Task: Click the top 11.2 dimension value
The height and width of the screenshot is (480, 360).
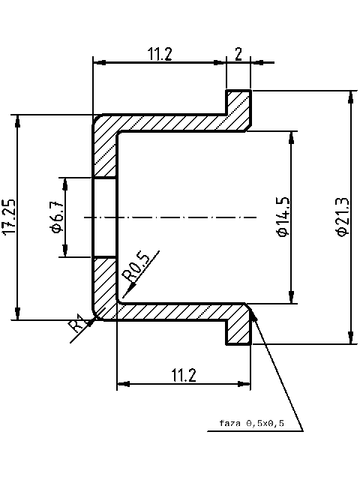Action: pyautogui.click(x=160, y=53)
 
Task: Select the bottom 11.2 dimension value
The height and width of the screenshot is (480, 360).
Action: pyautogui.click(x=183, y=374)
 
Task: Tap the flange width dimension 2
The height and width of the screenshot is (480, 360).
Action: pyautogui.click(x=238, y=53)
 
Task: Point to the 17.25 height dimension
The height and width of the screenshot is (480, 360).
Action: pyautogui.click(x=9, y=217)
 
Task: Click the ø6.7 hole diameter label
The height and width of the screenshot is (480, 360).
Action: pyautogui.click(x=56, y=217)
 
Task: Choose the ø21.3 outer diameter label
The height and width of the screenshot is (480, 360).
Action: pyautogui.click(x=342, y=217)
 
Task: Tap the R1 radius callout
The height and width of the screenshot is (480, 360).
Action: pyautogui.click(x=76, y=325)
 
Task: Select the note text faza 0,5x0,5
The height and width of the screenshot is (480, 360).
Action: pyautogui.click(x=252, y=424)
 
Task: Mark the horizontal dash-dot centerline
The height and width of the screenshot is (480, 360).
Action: pyautogui.click(x=172, y=217)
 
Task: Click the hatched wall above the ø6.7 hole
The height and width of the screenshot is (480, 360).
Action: pyautogui.click(x=105, y=154)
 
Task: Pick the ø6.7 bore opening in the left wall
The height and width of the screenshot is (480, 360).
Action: pyautogui.click(x=105, y=217)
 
